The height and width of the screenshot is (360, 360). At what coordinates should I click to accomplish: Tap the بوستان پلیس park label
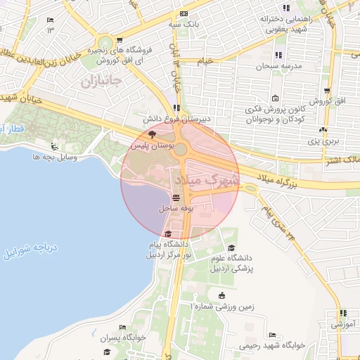(x=149, y=146)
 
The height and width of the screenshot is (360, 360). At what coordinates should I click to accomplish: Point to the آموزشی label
(x=344, y=325)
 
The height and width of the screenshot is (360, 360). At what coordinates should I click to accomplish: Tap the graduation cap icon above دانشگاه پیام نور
(x=167, y=234)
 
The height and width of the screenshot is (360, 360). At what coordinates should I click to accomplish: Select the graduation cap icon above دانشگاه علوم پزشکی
(x=232, y=248)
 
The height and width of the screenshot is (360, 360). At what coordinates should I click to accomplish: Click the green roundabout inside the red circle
(x=181, y=149)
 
